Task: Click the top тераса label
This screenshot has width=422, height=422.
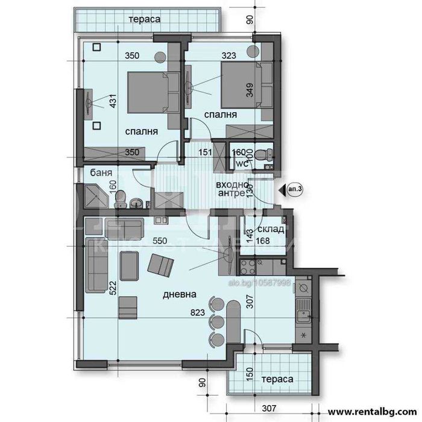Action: (x=144, y=20)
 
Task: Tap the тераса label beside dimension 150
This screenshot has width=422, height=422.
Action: (x=277, y=380)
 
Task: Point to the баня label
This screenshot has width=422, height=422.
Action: (x=100, y=173)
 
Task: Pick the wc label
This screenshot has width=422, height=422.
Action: (x=241, y=163)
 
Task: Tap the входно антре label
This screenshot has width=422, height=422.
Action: (x=230, y=189)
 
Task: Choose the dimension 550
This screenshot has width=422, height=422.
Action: (x=160, y=241)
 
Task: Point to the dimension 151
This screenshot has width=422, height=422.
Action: (x=206, y=153)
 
